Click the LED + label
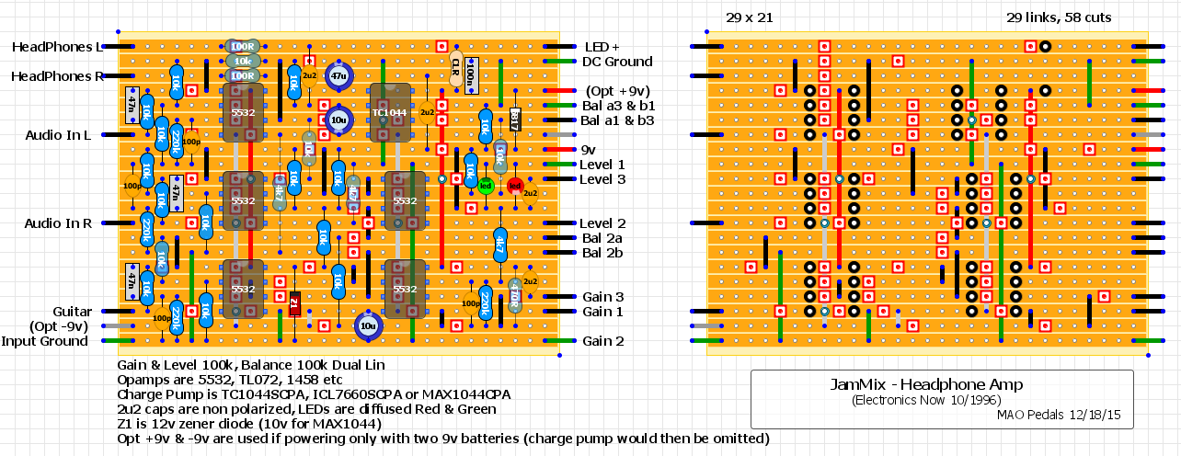602,47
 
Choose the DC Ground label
617,62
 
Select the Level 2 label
602,223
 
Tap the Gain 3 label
602,297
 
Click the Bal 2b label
603,253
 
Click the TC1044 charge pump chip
390,113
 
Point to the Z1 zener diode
294,303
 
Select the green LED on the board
486,187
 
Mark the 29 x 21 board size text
746,17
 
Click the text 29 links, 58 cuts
1059,17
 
